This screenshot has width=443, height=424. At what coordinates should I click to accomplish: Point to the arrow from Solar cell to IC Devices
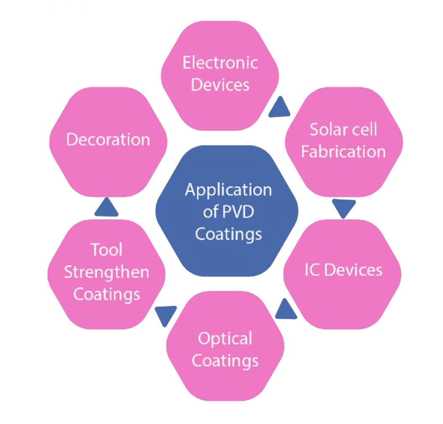343,208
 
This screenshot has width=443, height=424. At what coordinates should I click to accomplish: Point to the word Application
228,190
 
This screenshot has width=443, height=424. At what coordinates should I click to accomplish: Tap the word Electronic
220,63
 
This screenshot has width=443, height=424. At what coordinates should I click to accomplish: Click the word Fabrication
343,151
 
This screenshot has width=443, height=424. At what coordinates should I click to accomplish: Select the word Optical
225,339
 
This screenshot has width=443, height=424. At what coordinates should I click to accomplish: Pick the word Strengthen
106,272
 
